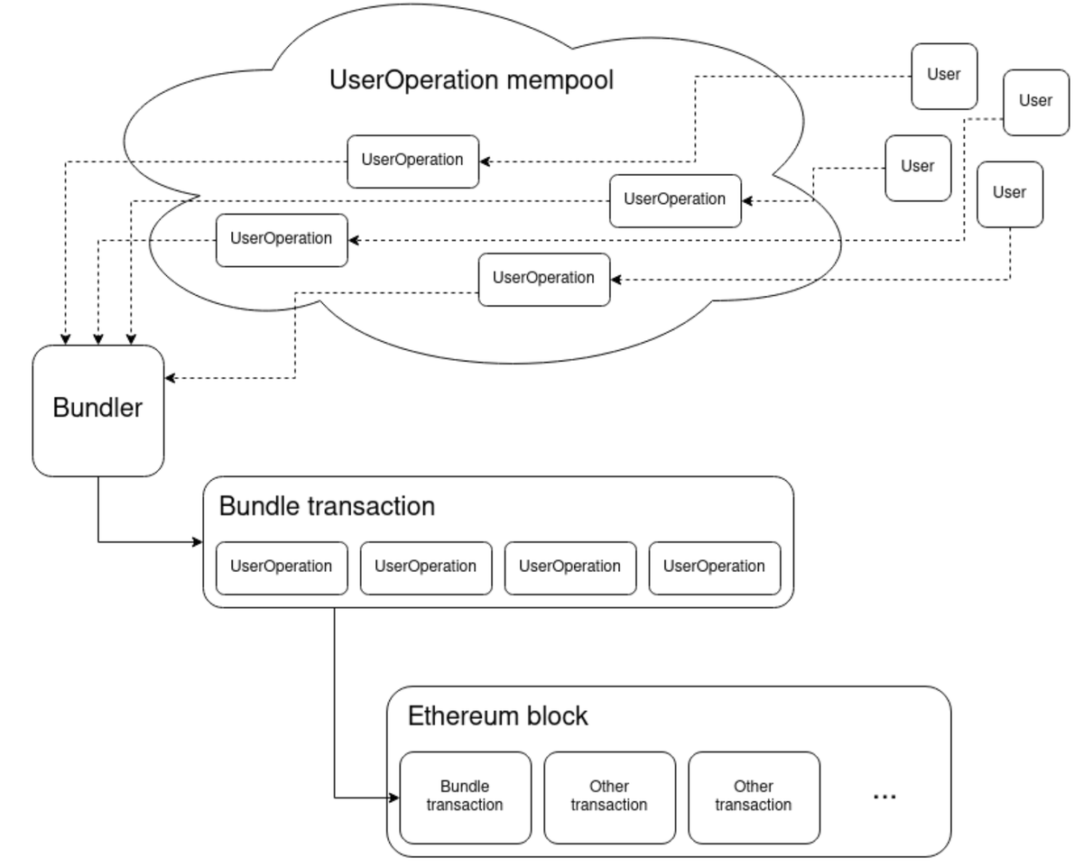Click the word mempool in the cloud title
pyautogui.click(x=560, y=80)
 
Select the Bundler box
pyautogui.click(x=98, y=410)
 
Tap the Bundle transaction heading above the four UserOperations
pyautogui.click(x=327, y=506)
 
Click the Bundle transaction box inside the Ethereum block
pyautogui.click(x=466, y=797)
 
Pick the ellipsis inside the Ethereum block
pyautogui.click(x=884, y=797)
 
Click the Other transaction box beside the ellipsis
pyautogui.click(x=754, y=797)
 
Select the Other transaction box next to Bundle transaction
pyautogui.click(x=609, y=797)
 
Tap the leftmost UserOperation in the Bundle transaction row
pyautogui.click(x=282, y=568)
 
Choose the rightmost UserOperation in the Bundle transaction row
pyautogui.click(x=715, y=568)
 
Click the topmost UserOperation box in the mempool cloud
pyautogui.click(x=413, y=161)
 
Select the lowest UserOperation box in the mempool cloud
pyautogui.click(x=544, y=280)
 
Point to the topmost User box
pyautogui.click(x=945, y=76)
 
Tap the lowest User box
pyautogui.click(x=1010, y=194)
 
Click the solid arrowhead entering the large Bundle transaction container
pyautogui.click(x=198, y=542)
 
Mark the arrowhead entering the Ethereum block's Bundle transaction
pyautogui.click(x=394, y=797)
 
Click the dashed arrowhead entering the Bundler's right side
pyautogui.click(x=170, y=378)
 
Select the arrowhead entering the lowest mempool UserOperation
pyautogui.click(x=616, y=280)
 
